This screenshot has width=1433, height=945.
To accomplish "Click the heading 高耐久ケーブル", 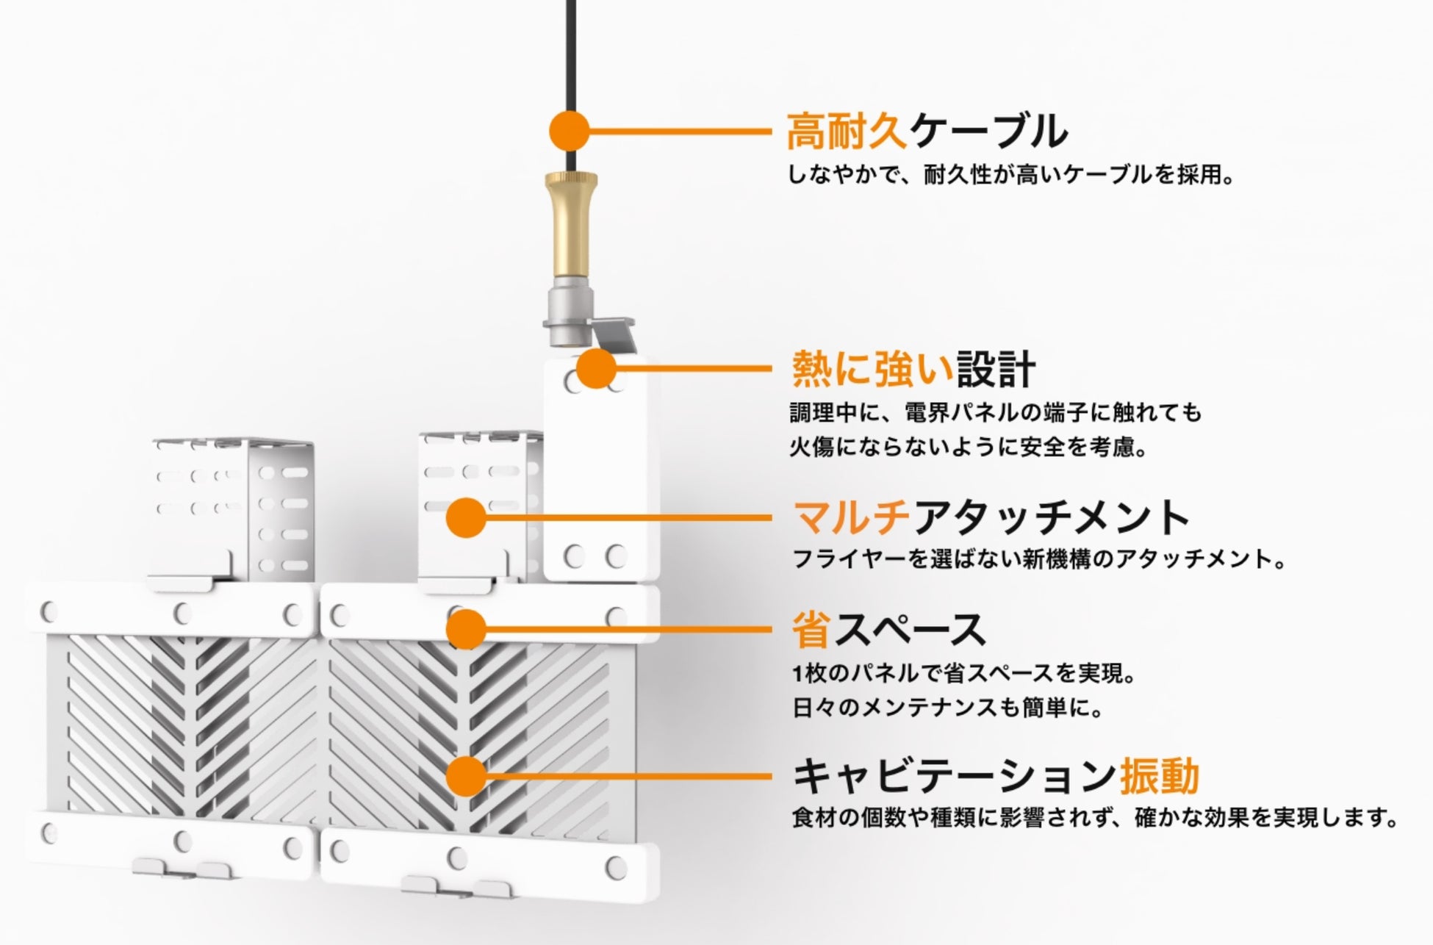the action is (926, 132).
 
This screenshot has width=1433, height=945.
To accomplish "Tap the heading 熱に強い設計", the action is (913, 369).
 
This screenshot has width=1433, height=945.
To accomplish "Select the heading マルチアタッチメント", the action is (991, 517).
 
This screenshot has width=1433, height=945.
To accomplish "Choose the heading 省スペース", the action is (888, 630).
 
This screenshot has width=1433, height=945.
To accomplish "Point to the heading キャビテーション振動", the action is (996, 776).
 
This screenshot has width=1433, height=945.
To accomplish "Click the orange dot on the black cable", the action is (570, 132).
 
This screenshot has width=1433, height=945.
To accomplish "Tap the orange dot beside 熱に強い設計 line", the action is (596, 368).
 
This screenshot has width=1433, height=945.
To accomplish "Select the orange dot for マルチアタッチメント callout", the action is (466, 517).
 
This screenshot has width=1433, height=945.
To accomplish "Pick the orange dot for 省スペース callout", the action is (466, 629).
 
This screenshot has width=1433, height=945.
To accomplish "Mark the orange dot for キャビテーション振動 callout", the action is (466, 776).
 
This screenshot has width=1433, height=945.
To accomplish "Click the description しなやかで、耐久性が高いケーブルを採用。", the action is (1010, 176).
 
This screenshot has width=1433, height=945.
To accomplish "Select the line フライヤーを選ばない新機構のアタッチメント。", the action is (1040, 559).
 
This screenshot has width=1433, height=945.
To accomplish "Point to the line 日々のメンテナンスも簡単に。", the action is (948, 708).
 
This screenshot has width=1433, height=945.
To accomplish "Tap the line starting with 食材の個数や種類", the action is (1095, 818).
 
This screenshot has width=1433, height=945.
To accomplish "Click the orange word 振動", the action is (1159, 776).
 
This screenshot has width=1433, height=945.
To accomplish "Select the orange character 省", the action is (811, 630).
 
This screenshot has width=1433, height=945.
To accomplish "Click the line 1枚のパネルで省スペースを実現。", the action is (965, 673).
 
